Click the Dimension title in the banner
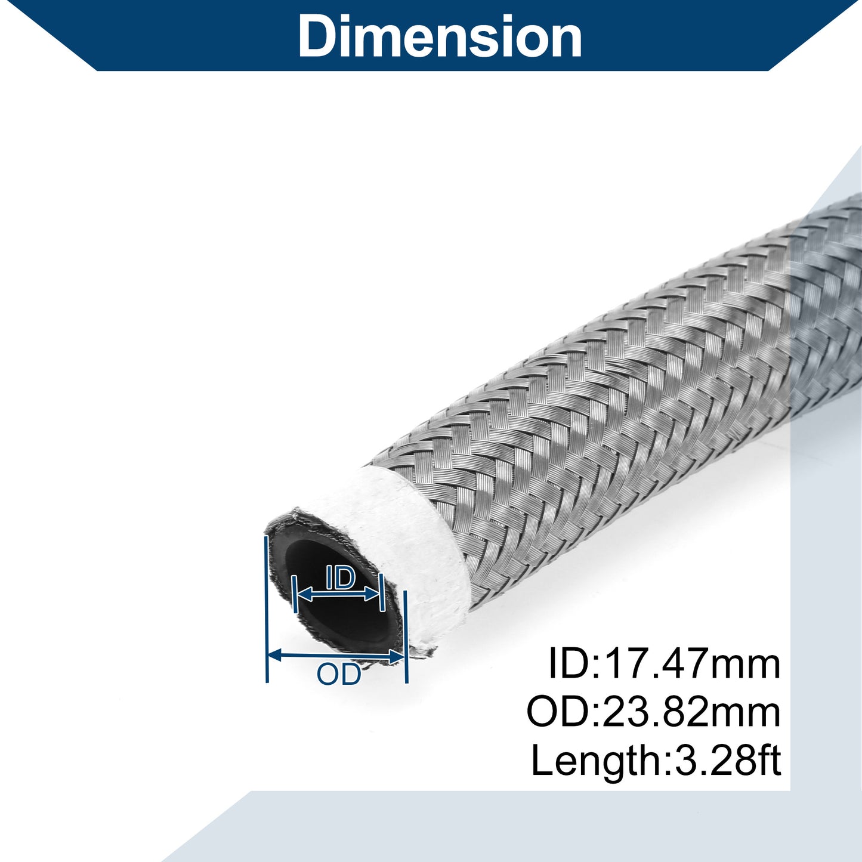tap(440, 35)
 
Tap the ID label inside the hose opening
tap(341, 578)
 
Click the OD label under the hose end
tap(339, 675)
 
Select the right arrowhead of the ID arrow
tap(372, 595)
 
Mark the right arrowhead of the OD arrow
tap(397, 657)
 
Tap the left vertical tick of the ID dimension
tap(294, 594)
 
